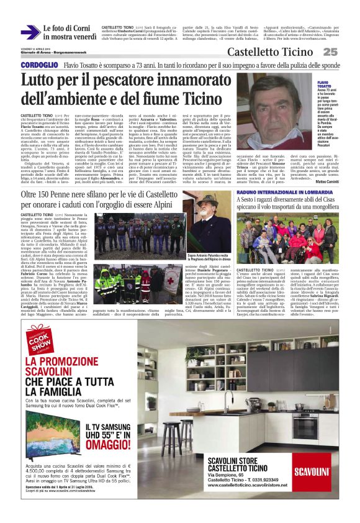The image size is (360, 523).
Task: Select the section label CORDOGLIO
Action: pyautogui.click(x=39, y=65)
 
